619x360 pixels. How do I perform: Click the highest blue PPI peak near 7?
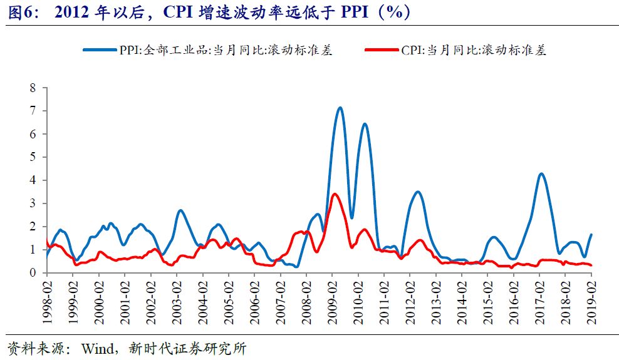340,108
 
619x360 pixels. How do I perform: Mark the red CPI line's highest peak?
335,194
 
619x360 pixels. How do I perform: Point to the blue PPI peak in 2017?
541,174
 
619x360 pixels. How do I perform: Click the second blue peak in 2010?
365,124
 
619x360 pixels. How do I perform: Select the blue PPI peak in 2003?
180,210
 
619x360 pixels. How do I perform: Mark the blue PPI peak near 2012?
418,192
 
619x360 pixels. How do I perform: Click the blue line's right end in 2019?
591,235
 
